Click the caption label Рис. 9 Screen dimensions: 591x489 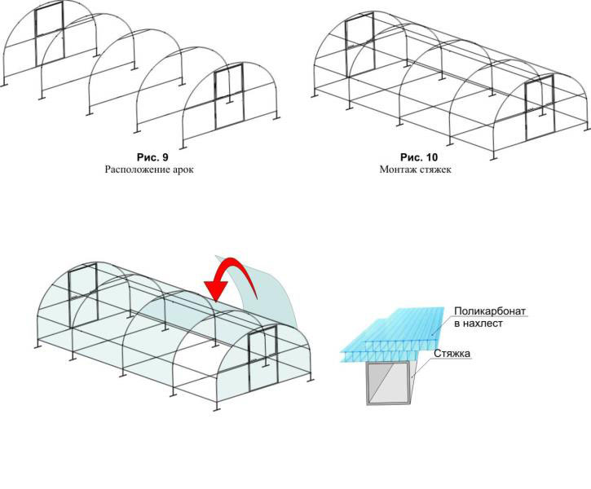152,157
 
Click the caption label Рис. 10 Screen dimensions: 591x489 419,157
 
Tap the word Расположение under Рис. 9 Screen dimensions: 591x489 132,170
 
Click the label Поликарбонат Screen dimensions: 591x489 490,311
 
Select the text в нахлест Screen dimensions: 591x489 479,324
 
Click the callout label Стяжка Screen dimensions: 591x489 452,354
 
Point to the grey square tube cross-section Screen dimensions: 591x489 388,382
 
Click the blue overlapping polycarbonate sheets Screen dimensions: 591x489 392,335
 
